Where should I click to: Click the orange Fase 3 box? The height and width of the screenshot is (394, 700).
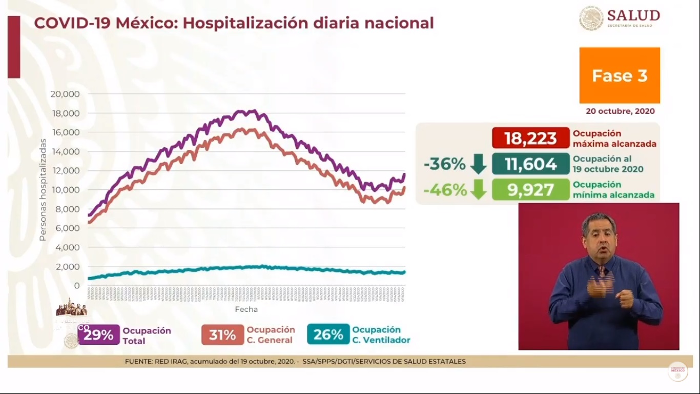tap(620, 75)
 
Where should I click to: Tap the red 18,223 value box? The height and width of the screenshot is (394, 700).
tap(530, 138)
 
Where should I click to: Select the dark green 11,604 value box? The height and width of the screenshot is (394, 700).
tap(530, 164)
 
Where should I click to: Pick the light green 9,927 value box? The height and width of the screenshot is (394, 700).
tap(530, 190)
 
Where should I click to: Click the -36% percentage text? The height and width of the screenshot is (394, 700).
tap(444, 164)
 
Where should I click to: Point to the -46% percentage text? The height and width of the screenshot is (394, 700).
tap(445, 190)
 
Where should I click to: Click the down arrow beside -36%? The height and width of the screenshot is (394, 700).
tap(478, 164)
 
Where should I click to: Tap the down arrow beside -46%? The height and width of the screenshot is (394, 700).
tap(478, 190)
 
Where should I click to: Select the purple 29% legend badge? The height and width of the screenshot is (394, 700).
tap(99, 335)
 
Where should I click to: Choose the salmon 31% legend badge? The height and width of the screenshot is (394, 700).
tap(222, 335)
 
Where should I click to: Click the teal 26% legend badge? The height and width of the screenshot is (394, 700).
tap(328, 334)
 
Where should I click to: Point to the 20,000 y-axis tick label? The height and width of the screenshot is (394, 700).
tap(65, 94)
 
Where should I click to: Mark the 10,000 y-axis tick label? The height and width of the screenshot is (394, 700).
tap(65, 190)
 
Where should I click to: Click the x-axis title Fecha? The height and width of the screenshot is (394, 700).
tap(246, 309)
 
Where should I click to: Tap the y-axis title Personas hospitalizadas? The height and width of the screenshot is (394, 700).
tap(43, 190)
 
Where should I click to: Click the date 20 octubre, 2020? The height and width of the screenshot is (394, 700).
tap(620, 111)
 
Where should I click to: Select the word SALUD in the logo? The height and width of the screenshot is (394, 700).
tap(633, 15)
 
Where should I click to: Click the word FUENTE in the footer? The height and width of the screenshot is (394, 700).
tap(137, 362)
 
